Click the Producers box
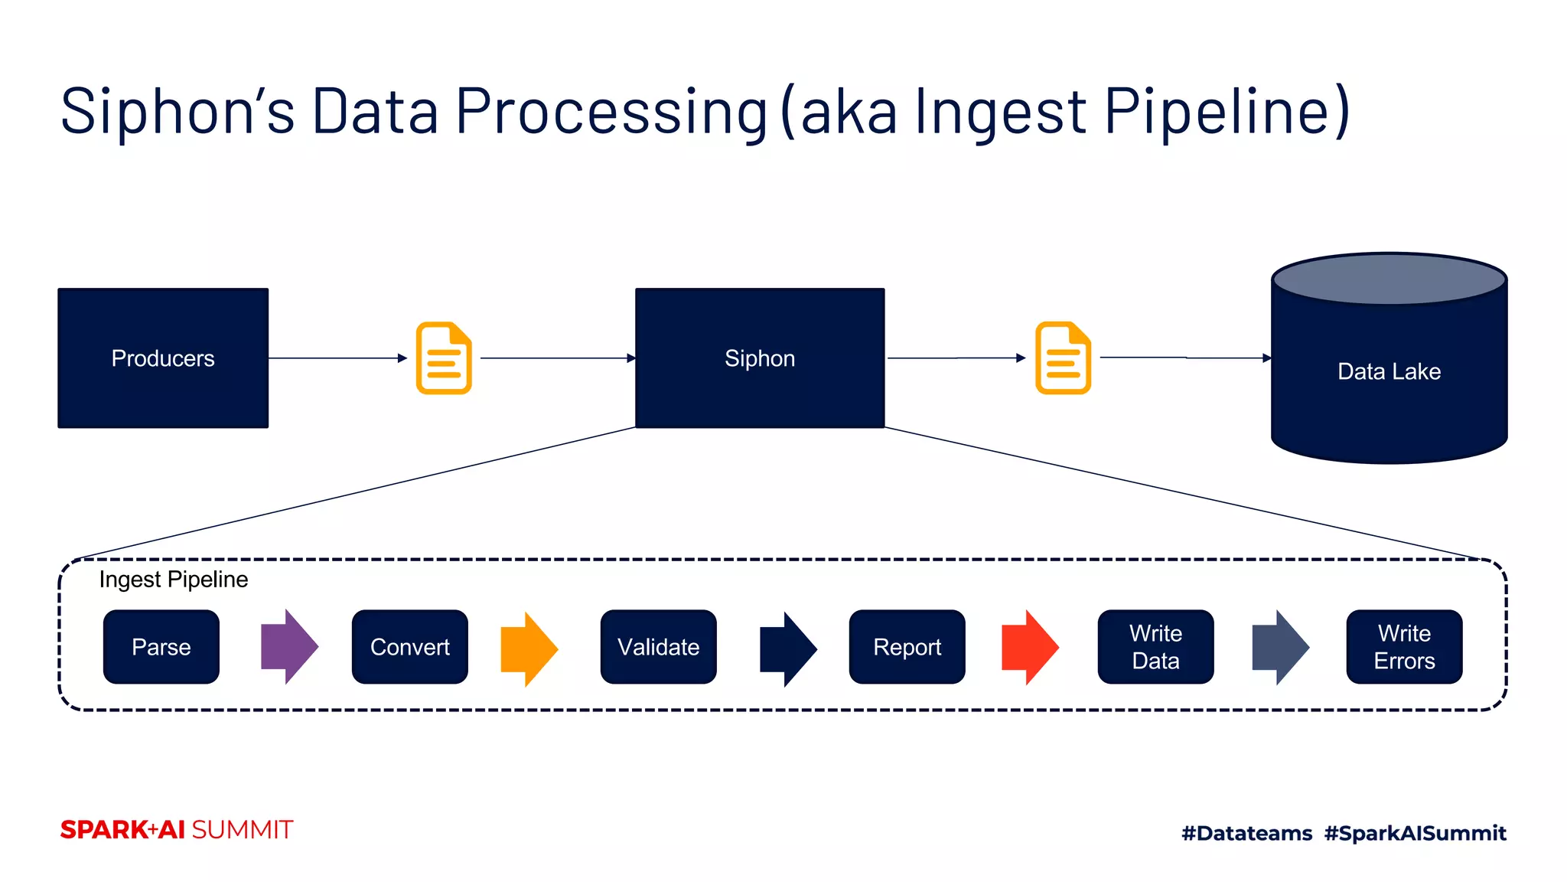tap(163, 358)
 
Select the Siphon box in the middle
tap(760, 358)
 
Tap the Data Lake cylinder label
tap(1389, 371)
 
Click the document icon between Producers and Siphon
tap(444, 358)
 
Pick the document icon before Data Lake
tap(1063, 358)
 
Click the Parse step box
tap(161, 647)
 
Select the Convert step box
tap(410, 647)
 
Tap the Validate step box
tap(659, 647)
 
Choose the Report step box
tap(907, 647)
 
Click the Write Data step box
tap(1155, 647)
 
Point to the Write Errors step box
tap(1404, 647)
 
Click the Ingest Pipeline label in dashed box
tap(174, 580)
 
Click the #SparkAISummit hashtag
tap(1415, 833)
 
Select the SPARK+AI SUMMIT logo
tap(177, 830)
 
